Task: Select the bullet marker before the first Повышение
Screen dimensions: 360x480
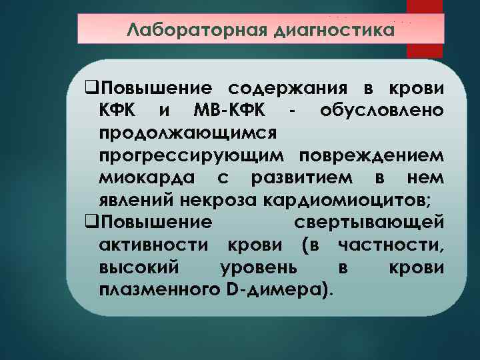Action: coord(92,89)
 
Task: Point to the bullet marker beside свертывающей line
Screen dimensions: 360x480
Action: coord(92,221)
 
